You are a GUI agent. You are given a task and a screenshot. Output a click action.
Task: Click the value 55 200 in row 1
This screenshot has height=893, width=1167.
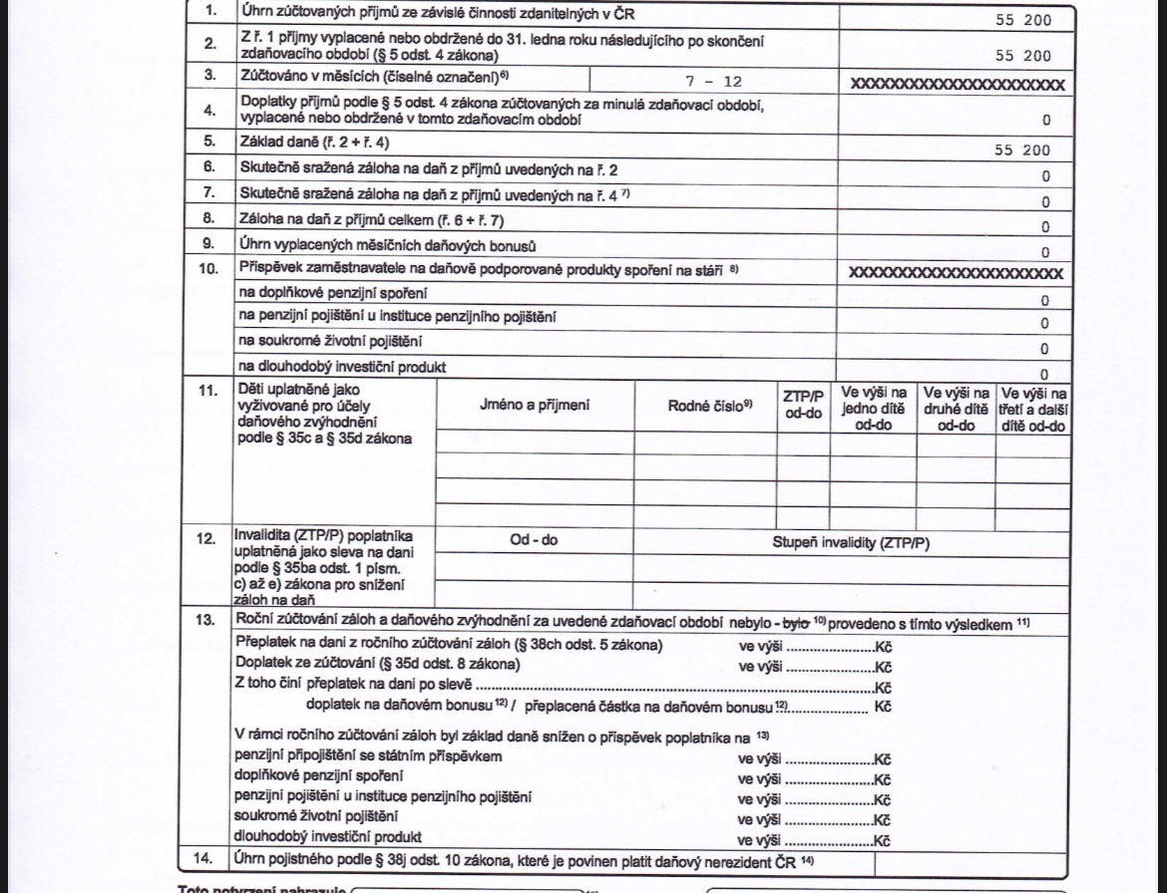[x=1022, y=19]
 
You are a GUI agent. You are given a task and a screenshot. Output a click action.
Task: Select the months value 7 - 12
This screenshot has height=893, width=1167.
[x=713, y=83]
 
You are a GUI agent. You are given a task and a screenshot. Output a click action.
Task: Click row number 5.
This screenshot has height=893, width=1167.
[x=208, y=143]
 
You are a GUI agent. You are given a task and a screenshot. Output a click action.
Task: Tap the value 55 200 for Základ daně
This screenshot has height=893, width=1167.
[x=1022, y=150]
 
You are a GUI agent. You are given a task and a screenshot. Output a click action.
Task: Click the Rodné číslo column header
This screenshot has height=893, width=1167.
[x=709, y=405]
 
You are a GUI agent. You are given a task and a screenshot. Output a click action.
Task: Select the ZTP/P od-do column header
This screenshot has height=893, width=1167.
[x=802, y=404]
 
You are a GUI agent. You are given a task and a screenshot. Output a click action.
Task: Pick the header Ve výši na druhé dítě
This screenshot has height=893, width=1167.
[x=955, y=409]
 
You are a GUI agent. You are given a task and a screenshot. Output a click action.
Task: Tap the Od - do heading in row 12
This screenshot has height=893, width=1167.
[x=534, y=540]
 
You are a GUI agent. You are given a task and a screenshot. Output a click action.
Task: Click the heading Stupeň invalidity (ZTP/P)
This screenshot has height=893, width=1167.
[x=850, y=543]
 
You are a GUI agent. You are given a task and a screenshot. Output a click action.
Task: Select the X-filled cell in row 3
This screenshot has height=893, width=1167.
[x=957, y=85]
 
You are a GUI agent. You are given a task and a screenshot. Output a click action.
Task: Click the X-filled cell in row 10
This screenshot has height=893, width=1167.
[x=956, y=273]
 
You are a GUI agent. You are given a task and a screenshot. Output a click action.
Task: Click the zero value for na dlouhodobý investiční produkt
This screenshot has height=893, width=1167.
[x=1044, y=375]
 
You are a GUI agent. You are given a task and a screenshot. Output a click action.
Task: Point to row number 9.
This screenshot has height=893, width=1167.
[x=208, y=245]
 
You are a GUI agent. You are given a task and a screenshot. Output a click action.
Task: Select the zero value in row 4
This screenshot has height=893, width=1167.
[x=1045, y=121]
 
